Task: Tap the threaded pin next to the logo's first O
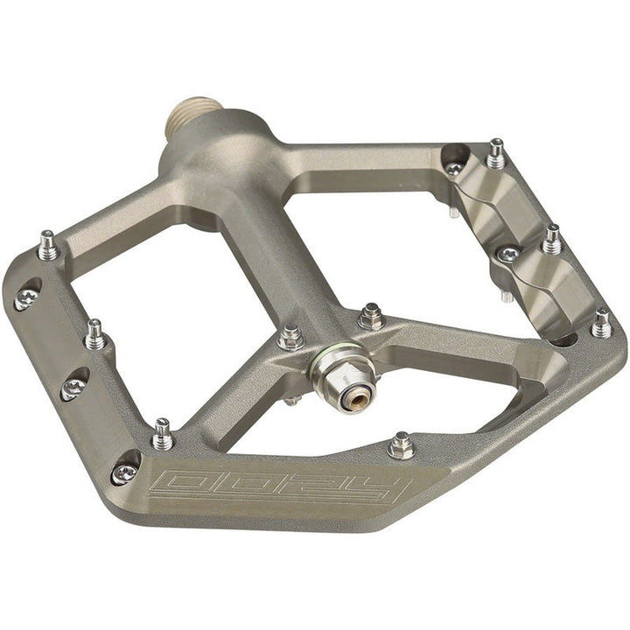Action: coord(162,433)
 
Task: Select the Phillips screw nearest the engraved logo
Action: coord(124,472)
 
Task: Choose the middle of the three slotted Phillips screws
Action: coord(73,388)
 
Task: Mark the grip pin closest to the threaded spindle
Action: coord(48,246)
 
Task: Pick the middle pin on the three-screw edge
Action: coord(94,333)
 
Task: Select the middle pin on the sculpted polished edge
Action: coord(551,238)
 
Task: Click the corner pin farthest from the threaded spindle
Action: coord(601,324)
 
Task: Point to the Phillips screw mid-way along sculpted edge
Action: coord(507,255)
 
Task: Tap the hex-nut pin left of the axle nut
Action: coord(291,337)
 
